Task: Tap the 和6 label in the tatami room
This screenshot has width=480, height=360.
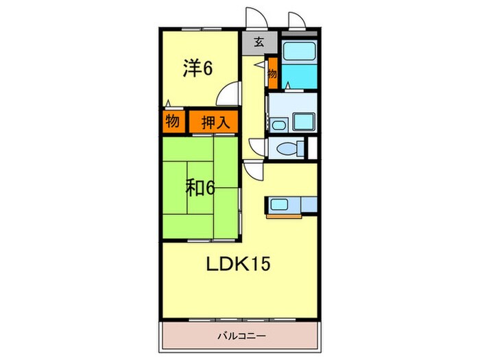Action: (200, 187)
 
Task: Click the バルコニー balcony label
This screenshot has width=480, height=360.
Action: (241, 336)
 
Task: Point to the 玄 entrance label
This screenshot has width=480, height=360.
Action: (259, 42)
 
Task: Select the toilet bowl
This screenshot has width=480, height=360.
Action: (288, 148)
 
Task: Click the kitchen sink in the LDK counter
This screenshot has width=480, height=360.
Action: (280, 204)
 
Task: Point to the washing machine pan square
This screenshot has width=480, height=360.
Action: (303, 123)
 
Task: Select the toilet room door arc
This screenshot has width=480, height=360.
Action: (256, 147)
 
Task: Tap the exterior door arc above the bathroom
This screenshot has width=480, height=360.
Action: (296, 21)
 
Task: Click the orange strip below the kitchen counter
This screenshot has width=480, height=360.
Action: (291, 215)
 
